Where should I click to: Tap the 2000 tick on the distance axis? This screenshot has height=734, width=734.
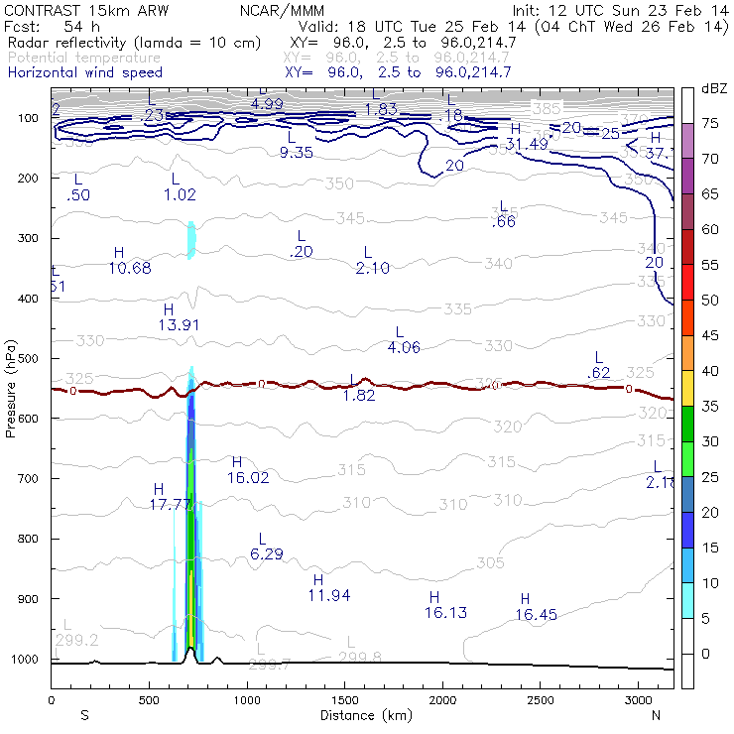(442, 700)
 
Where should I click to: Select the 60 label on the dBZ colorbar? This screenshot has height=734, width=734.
(710, 230)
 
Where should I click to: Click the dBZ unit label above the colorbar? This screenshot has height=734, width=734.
(715, 89)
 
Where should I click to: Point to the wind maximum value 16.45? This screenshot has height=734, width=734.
(536, 615)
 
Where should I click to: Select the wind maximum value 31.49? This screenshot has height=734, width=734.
(527, 144)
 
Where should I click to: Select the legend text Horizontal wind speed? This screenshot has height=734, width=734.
(85, 72)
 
